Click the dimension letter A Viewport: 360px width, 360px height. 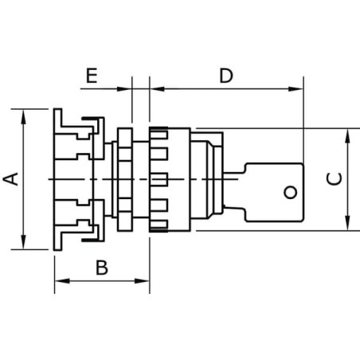11,178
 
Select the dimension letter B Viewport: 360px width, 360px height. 102,268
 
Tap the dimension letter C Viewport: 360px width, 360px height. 335,178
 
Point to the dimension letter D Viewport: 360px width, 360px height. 226,76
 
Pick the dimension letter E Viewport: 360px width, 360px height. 92,76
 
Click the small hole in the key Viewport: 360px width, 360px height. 291,192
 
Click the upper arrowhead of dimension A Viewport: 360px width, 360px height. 24,116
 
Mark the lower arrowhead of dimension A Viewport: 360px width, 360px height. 24,242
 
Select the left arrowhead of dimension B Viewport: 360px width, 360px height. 62,281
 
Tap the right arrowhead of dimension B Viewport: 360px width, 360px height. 142,281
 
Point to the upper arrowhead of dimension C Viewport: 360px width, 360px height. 347,136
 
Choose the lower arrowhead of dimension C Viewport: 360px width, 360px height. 347,223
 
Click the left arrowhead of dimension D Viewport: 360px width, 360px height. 158,89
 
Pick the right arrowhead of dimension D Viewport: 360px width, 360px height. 295,89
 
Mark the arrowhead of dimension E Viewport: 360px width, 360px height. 124,89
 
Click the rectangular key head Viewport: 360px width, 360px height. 274,193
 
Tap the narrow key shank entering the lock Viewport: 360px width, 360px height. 233,190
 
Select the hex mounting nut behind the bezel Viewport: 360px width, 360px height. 125,179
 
